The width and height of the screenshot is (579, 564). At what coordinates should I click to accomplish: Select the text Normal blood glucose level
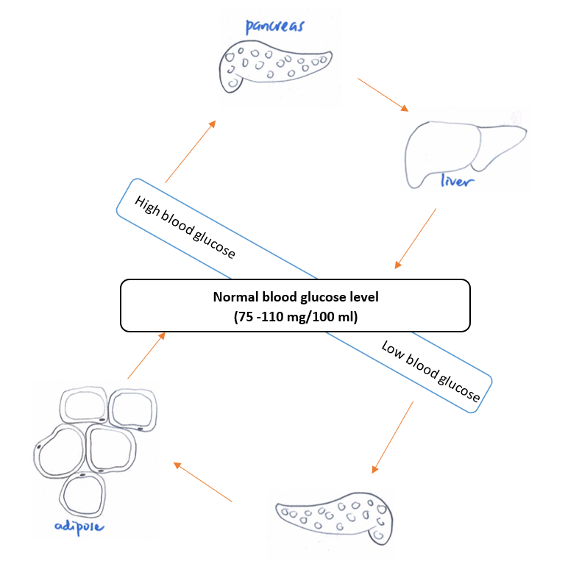tap(294, 298)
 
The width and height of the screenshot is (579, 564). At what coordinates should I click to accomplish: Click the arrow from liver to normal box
tap(416, 238)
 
